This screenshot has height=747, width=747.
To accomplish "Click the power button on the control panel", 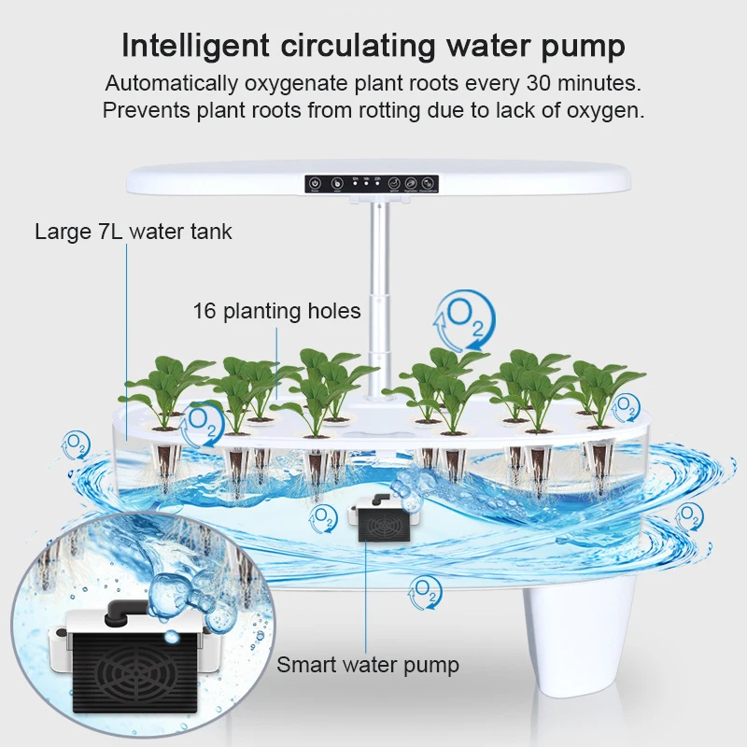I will click(x=315, y=184).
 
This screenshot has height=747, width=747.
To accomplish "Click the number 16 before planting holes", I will click(x=204, y=311).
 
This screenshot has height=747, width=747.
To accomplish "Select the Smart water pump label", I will click(x=368, y=665).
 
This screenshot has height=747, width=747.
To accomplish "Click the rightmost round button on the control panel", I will click(x=429, y=184).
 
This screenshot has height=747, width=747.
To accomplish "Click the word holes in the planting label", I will click(x=334, y=311).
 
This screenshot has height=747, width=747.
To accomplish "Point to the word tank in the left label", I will click(x=210, y=232).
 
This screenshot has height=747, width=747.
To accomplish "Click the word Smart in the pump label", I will click(x=305, y=665).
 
